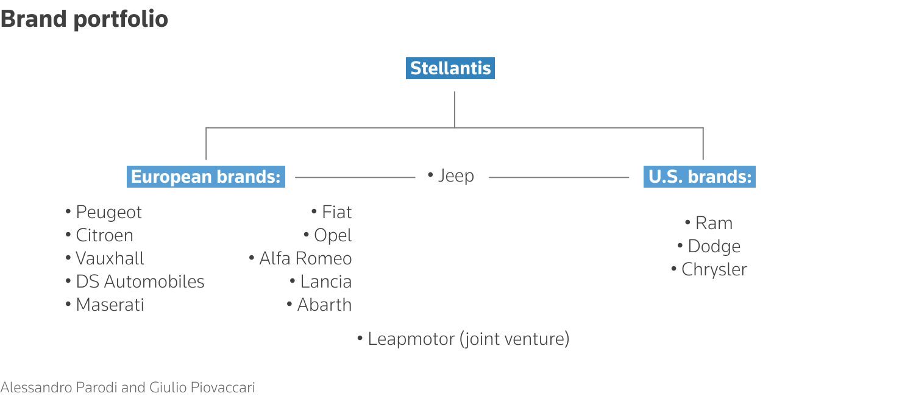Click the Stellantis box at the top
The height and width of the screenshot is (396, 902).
tap(450, 68)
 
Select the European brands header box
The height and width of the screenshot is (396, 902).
tap(206, 177)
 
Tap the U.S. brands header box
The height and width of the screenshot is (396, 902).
tap(700, 177)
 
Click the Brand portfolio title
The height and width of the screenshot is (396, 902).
tap(84, 19)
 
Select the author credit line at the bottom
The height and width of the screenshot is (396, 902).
tap(128, 387)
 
